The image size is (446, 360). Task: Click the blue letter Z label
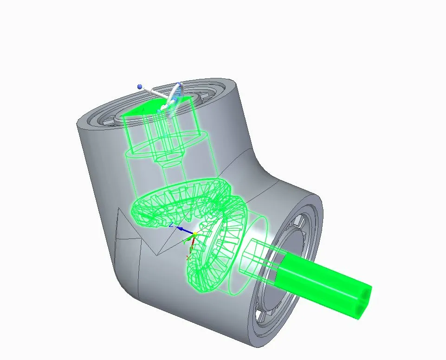(171, 225)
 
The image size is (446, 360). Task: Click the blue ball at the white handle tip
(139, 86)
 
